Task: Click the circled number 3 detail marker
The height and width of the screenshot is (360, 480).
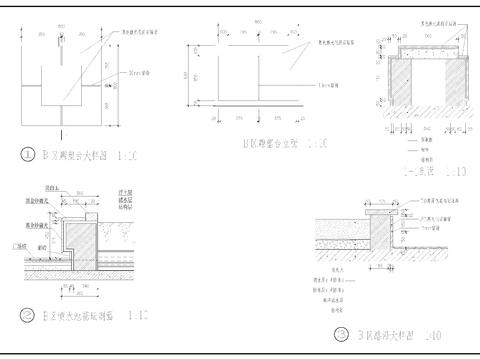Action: (x=342, y=336)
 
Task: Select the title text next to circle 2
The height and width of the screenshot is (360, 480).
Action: (x=75, y=315)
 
